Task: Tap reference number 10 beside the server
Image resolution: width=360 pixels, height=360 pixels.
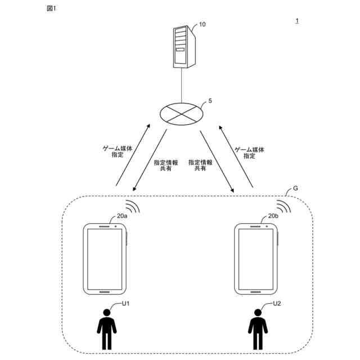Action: (x=202, y=25)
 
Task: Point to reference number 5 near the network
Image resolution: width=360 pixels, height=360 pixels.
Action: (x=210, y=101)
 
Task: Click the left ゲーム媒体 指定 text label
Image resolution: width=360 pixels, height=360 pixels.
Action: (x=117, y=150)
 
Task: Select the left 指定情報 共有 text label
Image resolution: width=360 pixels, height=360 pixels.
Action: (x=166, y=164)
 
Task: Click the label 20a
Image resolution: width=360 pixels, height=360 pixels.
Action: (x=122, y=215)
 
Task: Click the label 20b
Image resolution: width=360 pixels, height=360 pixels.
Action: (x=273, y=216)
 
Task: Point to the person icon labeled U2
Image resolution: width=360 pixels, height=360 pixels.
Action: (x=258, y=329)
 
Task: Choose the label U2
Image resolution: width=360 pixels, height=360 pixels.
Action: (x=277, y=304)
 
